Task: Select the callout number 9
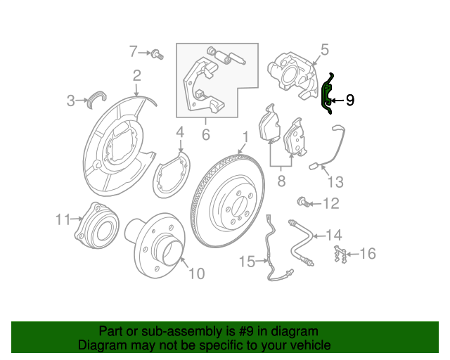pyautogui.click(x=350, y=100)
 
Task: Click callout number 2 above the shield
pyautogui.click(x=137, y=75)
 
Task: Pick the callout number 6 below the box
pyautogui.click(x=206, y=134)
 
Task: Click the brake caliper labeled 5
pyautogui.click(x=293, y=75)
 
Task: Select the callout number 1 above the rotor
pyautogui.click(x=245, y=138)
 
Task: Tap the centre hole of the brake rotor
pyautogui.click(x=238, y=205)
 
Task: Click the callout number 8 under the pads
pyautogui.click(x=281, y=181)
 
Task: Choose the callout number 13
pyautogui.click(x=335, y=182)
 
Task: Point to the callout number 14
pyautogui.click(x=335, y=235)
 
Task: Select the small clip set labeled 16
pyautogui.click(x=340, y=254)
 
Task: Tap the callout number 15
pyautogui.click(x=247, y=262)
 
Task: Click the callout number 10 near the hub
pyautogui.click(x=197, y=274)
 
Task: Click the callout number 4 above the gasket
pyautogui.click(x=180, y=132)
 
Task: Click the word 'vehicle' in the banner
pyautogui.click(x=311, y=345)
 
